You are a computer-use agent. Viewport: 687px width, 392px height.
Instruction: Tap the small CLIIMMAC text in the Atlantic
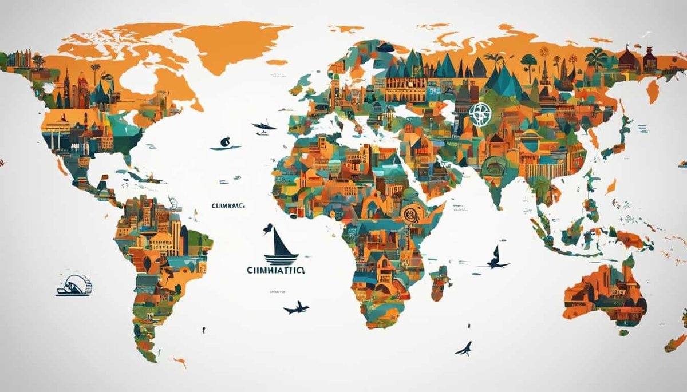pos(228,205)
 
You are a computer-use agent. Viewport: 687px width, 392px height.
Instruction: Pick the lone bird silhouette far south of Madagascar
pos(464,348)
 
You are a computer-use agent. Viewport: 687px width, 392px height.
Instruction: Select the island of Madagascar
pos(439,283)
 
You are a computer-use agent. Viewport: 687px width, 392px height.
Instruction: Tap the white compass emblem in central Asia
pos(479,114)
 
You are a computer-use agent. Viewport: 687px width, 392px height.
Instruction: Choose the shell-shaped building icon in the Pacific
pos(74,286)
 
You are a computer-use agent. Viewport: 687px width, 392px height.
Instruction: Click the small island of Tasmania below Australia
pos(623,332)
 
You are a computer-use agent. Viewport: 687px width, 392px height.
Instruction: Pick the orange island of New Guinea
pos(630,239)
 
